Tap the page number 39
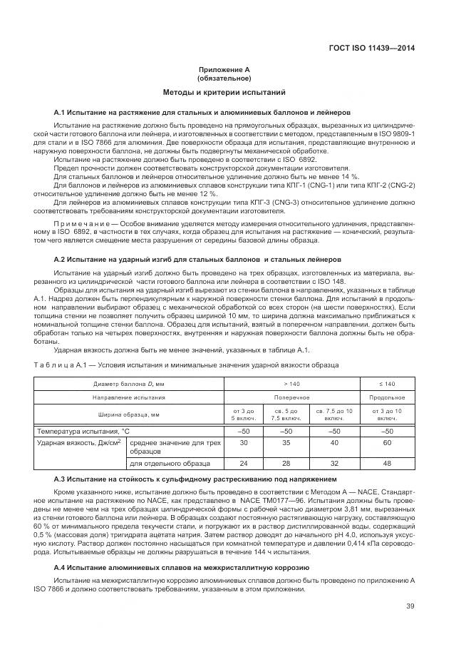click(410, 606)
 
